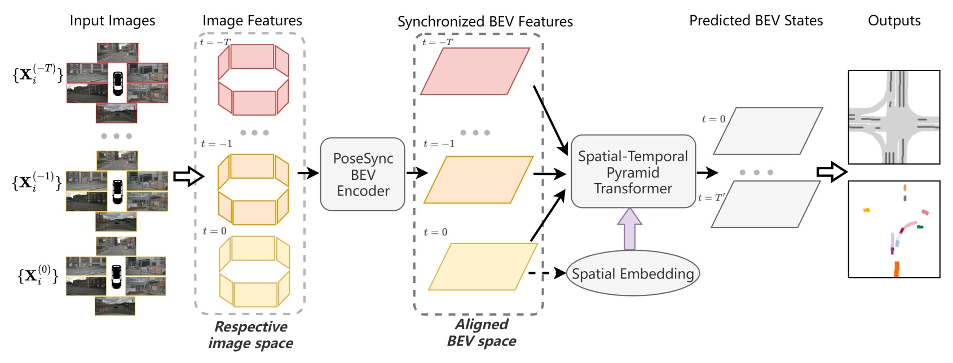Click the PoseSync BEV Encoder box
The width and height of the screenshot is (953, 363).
pyautogui.click(x=363, y=174)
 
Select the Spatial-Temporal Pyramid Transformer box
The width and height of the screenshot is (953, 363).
pyautogui.click(x=633, y=172)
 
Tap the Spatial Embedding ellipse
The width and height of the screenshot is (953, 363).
pyautogui.click(x=632, y=273)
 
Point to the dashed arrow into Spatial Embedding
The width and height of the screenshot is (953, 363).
pyautogui.click(x=546, y=273)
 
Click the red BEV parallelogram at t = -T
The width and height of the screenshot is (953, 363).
pyautogui.click(x=475, y=71)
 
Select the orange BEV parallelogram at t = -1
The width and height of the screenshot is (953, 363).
pyautogui.click(x=478, y=180)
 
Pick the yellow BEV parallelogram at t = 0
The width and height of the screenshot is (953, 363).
pyautogui.click(x=483, y=267)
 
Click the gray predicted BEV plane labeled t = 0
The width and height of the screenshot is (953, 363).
pyautogui.click(x=767, y=131)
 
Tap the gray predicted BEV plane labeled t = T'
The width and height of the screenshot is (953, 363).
pyautogui.click(x=765, y=204)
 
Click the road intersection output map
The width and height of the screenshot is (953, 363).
pyautogui.click(x=894, y=117)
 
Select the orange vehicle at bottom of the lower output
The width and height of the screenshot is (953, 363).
pyautogui.click(x=896, y=269)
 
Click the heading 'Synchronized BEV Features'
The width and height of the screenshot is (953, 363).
pyautogui.click(x=485, y=22)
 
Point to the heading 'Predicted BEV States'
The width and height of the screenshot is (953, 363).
pyautogui.click(x=756, y=21)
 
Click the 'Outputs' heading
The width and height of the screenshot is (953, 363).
pyautogui.click(x=894, y=21)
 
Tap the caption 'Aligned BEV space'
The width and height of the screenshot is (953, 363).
pyautogui.click(x=482, y=333)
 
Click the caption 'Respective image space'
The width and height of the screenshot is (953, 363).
pyautogui.click(x=251, y=335)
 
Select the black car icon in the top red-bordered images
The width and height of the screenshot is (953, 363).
pyautogui.click(x=117, y=83)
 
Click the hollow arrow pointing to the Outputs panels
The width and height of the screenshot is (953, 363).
pyautogui.click(x=831, y=171)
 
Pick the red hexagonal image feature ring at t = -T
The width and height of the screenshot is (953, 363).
pyautogui.click(x=253, y=79)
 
